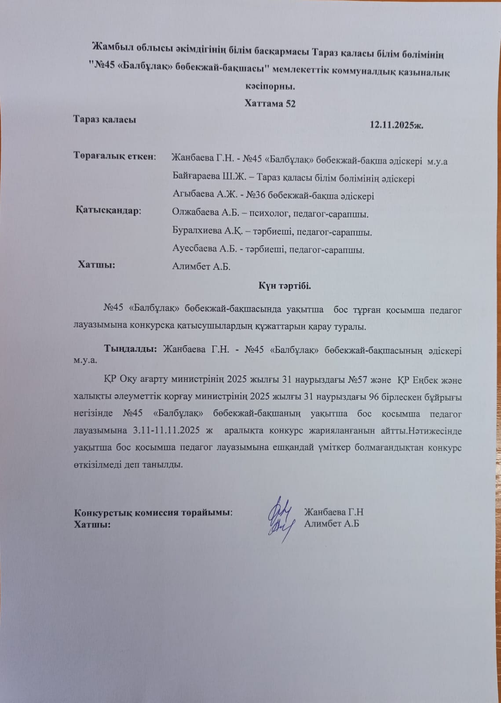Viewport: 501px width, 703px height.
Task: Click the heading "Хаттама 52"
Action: [270, 104]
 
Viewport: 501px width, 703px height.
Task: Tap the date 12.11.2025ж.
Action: [396, 125]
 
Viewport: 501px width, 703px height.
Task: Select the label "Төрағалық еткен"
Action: [114, 156]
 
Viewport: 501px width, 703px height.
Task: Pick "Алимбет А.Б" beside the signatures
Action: [332, 523]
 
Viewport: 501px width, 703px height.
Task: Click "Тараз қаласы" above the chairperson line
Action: [105, 120]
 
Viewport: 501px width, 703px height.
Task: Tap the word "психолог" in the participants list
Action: [267, 214]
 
